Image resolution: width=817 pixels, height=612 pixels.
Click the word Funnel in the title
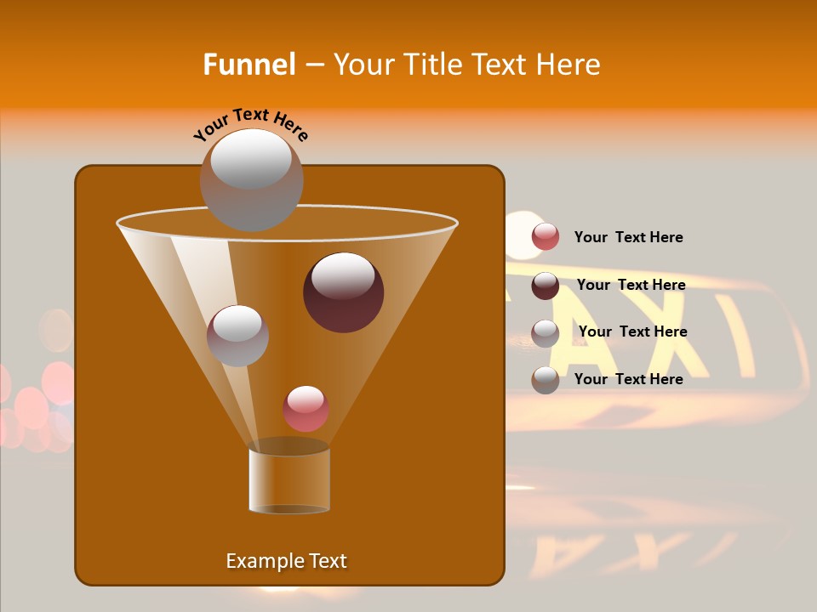[x=249, y=65]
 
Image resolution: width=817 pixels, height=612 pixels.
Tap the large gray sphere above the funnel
[x=251, y=179]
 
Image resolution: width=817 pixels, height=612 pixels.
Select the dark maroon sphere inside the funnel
[x=343, y=292]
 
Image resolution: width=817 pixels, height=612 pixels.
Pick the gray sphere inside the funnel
[x=237, y=335]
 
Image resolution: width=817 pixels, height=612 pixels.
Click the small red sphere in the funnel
[x=306, y=409]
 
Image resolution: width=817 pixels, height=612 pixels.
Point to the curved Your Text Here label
[x=251, y=125]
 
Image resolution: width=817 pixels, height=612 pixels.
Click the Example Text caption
[x=286, y=561]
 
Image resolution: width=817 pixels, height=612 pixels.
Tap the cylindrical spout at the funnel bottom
[x=289, y=479]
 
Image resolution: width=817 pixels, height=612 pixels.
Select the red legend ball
[x=546, y=237]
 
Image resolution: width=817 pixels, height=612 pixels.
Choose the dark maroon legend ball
[x=546, y=286]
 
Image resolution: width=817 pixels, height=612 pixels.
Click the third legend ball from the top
[x=546, y=332]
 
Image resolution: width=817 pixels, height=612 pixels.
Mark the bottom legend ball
[x=546, y=379]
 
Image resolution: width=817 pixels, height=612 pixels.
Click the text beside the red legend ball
[x=628, y=237]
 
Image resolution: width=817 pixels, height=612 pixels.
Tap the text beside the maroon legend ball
[x=631, y=285]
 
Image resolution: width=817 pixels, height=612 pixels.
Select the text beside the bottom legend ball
[x=628, y=379]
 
